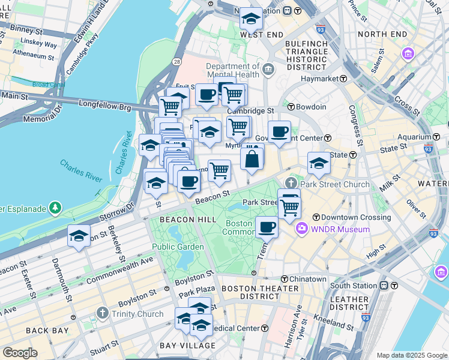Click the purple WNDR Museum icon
pos(301,229)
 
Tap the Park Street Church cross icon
pos(292,183)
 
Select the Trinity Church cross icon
pos(103,314)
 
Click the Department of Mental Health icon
pos(268,70)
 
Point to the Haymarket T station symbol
pos(343,79)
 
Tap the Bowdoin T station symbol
pos(291,107)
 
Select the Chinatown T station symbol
pos(285,279)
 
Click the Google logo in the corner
pos(19,353)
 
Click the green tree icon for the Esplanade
pos(56,208)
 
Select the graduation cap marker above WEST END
pos(250,19)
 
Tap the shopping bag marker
pos(253,160)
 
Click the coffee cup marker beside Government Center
pos(279,132)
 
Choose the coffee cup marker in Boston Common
pos(267,227)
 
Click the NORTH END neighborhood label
pos(384,34)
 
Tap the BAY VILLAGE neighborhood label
pos(187,346)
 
